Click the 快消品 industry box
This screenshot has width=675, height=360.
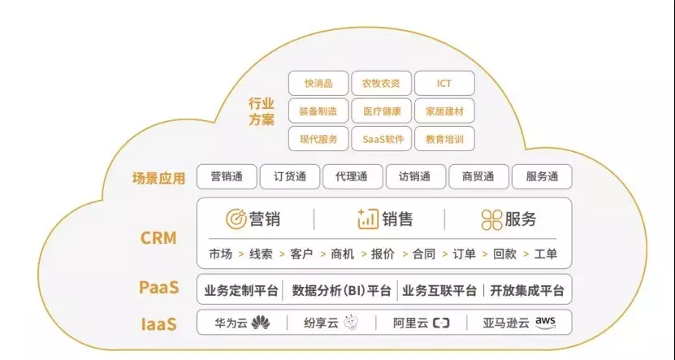(x=318, y=83)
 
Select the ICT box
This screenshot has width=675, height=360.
(x=444, y=83)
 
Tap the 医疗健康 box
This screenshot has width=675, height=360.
(x=382, y=111)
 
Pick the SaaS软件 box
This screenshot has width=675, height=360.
(x=382, y=139)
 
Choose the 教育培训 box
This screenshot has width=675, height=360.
(x=444, y=139)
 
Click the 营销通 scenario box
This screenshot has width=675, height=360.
(x=227, y=176)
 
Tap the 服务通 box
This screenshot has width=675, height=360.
(x=542, y=176)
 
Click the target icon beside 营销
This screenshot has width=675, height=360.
(x=236, y=219)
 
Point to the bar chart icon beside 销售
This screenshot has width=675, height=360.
(x=367, y=219)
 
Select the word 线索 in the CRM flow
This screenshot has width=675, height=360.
(x=261, y=254)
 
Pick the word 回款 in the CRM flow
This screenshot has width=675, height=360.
(x=504, y=254)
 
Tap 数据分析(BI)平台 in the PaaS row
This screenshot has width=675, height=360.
(x=341, y=290)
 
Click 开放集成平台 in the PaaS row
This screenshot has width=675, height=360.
(x=526, y=290)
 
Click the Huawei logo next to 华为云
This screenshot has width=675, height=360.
(x=260, y=323)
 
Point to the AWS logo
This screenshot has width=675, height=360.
(x=546, y=323)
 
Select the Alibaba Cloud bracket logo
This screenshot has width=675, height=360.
(x=441, y=323)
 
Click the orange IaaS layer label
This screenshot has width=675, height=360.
(x=159, y=324)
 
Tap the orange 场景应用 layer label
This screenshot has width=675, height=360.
(x=159, y=177)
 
